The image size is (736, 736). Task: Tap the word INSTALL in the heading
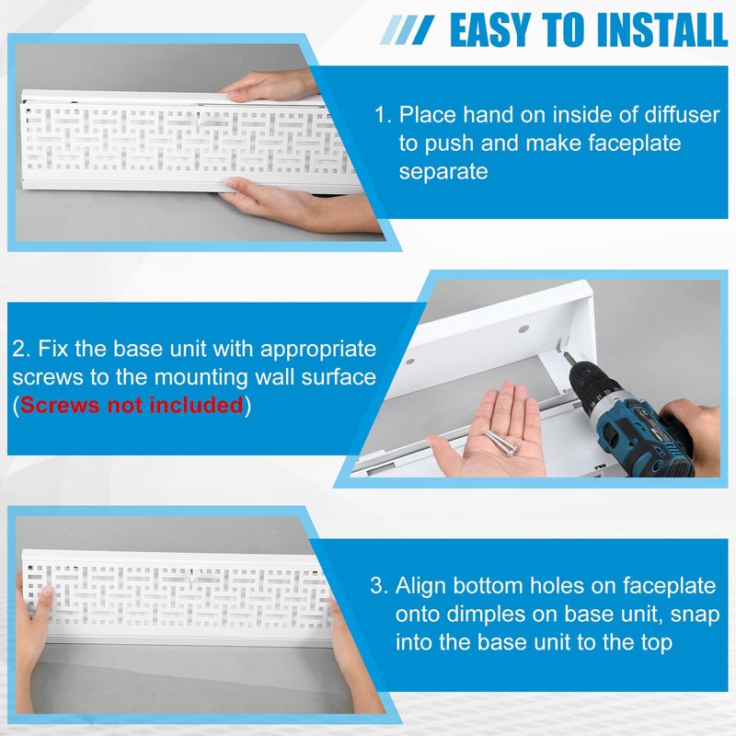coord(661,29)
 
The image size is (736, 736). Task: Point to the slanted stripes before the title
coord(409,30)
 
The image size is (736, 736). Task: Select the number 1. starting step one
coord(384,116)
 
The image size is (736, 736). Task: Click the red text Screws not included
coord(132,406)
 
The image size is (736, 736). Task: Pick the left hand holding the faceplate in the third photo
coord(32,616)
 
